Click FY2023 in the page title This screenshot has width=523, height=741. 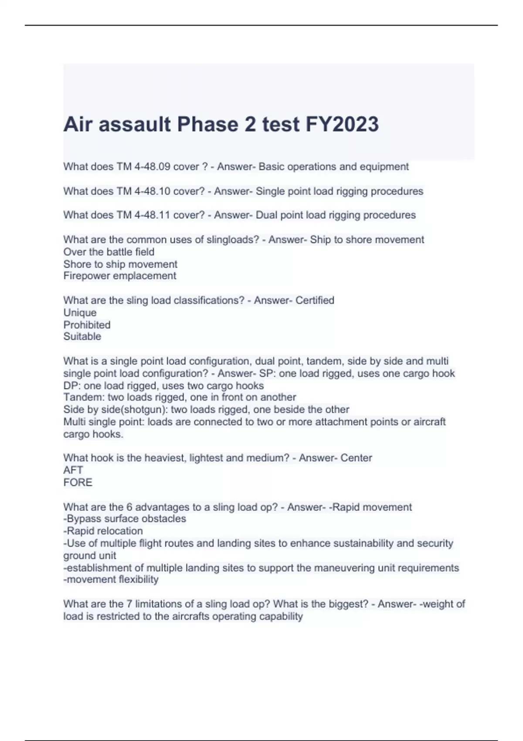click(342, 124)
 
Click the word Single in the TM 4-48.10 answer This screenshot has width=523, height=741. click(270, 191)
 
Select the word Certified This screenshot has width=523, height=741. click(315, 300)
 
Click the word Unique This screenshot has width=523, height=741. click(80, 313)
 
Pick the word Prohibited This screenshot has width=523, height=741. click(87, 325)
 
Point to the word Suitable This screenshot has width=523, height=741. click(82, 337)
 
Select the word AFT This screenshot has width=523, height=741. click(73, 470)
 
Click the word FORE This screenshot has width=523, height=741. click(78, 483)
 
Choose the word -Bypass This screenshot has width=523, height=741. click(82, 519)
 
